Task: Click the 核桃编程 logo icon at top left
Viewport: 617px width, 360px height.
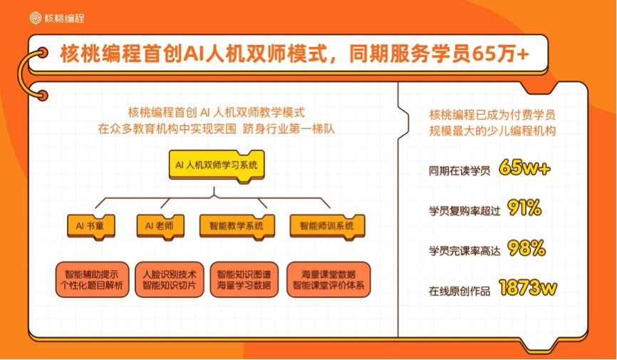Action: [x=36, y=18]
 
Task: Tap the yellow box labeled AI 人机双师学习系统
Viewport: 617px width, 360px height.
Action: [x=217, y=165]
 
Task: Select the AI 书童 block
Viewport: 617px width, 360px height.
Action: [x=91, y=227]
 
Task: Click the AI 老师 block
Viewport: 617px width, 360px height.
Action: [x=160, y=227]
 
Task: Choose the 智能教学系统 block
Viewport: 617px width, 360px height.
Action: [x=237, y=227]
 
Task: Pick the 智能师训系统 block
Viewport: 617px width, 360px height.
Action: [x=327, y=227]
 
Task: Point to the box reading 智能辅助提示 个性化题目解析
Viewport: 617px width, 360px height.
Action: [x=92, y=279]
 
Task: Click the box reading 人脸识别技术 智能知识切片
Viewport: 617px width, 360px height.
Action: [x=169, y=279]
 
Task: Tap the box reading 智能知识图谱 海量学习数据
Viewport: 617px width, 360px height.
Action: [x=244, y=279]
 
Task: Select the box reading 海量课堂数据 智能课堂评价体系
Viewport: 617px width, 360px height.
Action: [x=328, y=279]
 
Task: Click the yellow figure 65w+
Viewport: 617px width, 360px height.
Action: [x=524, y=168]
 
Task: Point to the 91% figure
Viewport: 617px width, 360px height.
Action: [x=524, y=208]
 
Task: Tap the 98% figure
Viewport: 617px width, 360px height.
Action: [x=527, y=248]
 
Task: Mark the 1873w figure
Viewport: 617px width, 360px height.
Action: [x=528, y=288]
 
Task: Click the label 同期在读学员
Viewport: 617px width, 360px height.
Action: [x=460, y=171]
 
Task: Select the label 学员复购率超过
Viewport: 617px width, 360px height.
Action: [x=465, y=211]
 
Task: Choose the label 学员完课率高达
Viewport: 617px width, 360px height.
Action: [x=465, y=251]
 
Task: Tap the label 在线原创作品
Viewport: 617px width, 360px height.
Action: [x=460, y=291]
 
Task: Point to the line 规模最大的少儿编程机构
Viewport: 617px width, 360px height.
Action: [x=492, y=130]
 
